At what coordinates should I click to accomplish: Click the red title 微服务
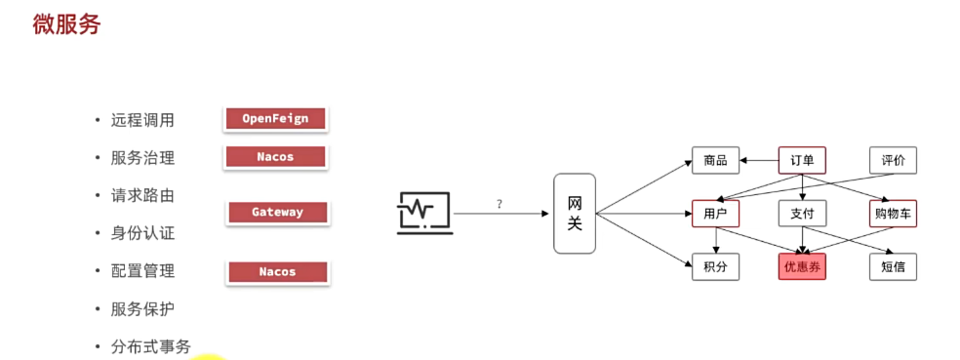point(66,24)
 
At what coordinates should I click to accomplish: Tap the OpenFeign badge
point(275,119)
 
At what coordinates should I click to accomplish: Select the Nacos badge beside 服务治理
point(275,156)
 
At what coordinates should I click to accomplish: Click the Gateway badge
point(277,212)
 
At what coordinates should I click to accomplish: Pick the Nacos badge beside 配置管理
point(277,272)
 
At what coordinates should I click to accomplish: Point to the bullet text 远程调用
point(142,120)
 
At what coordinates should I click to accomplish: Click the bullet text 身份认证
point(142,233)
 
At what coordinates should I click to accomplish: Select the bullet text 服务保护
point(142,308)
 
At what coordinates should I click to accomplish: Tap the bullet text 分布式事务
point(150,345)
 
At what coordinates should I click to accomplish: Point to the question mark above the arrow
point(500,204)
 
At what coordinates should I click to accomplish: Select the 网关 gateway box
point(575,214)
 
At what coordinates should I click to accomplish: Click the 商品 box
point(715,160)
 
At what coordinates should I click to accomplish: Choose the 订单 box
point(802,160)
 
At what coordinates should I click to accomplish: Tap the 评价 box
point(893,160)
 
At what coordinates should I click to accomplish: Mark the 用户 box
point(715,214)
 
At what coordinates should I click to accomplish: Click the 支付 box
point(802,214)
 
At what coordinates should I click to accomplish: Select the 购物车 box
point(893,214)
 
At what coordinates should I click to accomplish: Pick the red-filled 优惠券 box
point(802,266)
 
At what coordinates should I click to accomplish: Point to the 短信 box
point(893,266)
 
